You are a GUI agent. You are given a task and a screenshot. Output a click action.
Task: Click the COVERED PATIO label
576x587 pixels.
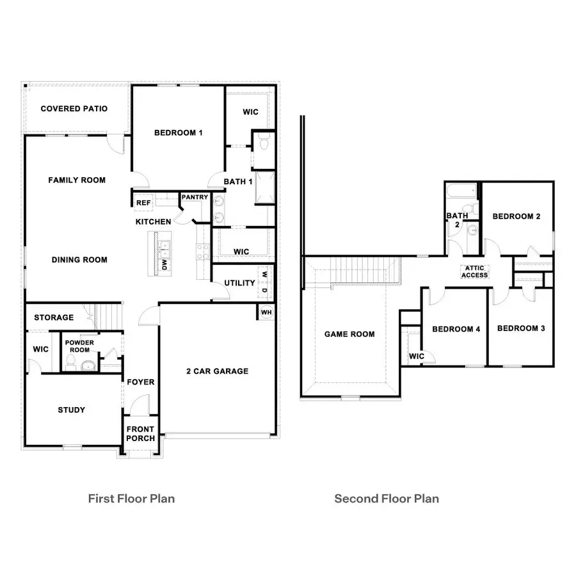pyautogui.click(x=74, y=109)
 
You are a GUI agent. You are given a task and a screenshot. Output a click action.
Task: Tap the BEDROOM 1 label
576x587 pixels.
pyautogui.click(x=179, y=133)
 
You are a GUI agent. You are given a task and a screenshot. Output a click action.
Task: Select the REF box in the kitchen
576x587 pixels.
pyautogui.click(x=142, y=203)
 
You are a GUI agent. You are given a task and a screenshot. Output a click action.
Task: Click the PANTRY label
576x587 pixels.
pyautogui.click(x=195, y=197)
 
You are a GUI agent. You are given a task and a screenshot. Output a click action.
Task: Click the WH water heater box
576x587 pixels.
pyautogui.click(x=266, y=312)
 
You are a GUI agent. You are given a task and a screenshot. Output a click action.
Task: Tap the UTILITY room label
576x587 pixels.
pyautogui.click(x=239, y=283)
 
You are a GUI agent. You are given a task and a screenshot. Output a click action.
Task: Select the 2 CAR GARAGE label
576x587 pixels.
pyautogui.click(x=217, y=371)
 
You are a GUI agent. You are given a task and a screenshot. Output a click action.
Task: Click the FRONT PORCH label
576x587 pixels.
pyautogui.click(x=140, y=433)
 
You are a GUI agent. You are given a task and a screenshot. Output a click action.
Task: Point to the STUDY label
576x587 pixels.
pyautogui.click(x=71, y=410)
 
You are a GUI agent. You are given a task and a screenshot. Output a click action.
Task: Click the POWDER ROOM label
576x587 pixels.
pyautogui.click(x=80, y=346)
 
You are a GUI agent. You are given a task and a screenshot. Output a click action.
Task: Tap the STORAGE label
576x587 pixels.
pyautogui.click(x=54, y=318)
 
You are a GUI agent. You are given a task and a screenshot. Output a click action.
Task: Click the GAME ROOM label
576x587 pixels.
pyautogui.click(x=349, y=334)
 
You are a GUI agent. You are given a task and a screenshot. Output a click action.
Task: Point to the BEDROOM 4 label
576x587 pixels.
pyautogui.click(x=456, y=329)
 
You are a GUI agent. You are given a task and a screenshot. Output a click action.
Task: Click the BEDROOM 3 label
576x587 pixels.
pyautogui.click(x=521, y=328)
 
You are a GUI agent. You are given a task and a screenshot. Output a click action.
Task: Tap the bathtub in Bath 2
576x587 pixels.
pyautogui.click(x=462, y=191)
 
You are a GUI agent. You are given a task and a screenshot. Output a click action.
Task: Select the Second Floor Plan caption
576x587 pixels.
pyautogui.click(x=387, y=498)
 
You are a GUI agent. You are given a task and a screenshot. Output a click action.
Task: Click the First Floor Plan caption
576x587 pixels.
pyautogui.click(x=131, y=498)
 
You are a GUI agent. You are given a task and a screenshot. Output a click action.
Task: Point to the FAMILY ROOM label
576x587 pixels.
pyautogui.click(x=77, y=181)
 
